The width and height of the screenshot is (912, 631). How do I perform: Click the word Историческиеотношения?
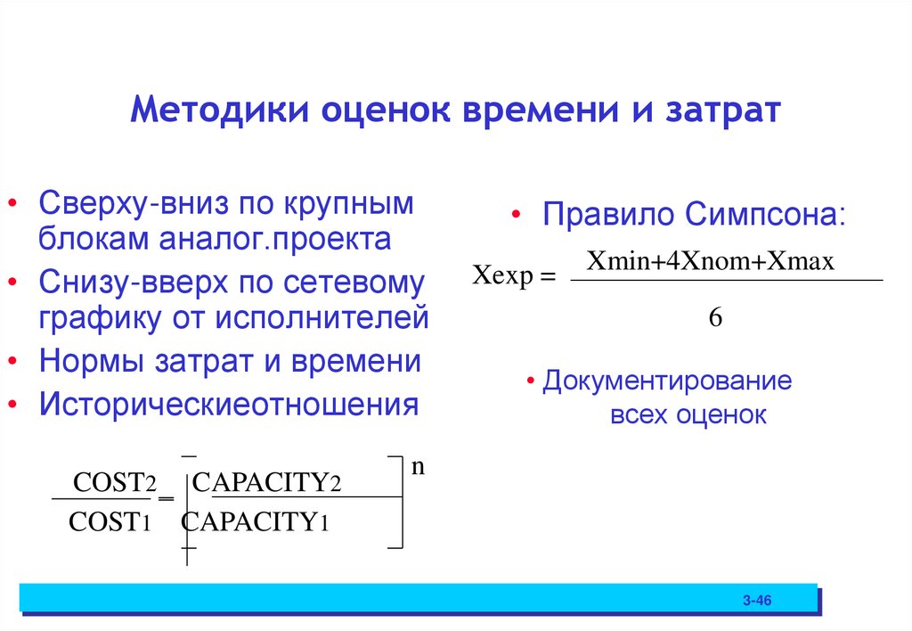(x=228, y=404)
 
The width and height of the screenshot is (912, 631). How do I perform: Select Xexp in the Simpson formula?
(x=503, y=277)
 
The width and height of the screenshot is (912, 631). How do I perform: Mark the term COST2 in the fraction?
(x=115, y=482)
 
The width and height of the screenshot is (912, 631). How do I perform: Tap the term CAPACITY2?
(x=267, y=482)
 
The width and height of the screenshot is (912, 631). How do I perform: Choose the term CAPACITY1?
(x=256, y=522)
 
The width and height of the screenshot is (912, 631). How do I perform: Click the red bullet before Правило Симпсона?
(x=516, y=217)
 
